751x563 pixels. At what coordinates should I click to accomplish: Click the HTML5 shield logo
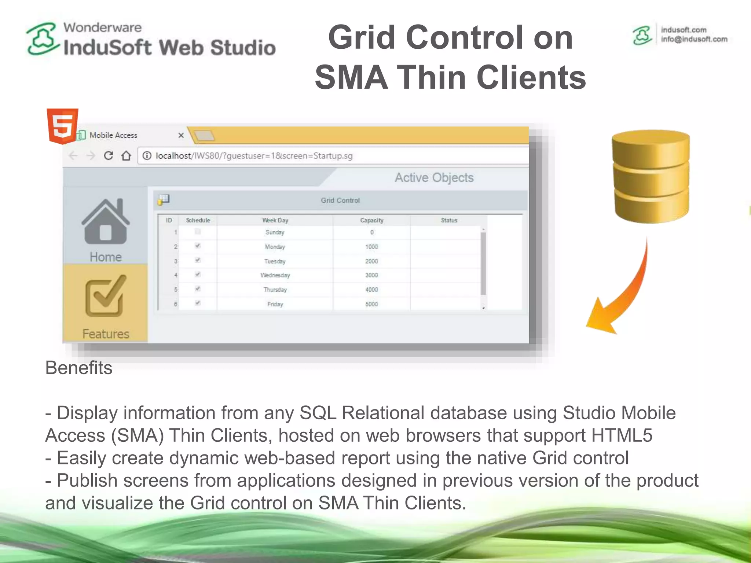(x=62, y=125)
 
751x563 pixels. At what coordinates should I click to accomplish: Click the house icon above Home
(x=106, y=222)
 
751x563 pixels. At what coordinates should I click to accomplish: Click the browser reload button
(x=108, y=156)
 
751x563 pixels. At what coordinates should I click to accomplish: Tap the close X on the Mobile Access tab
(x=181, y=135)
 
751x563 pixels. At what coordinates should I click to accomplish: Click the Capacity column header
(x=371, y=220)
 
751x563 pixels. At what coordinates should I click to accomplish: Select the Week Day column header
(x=275, y=220)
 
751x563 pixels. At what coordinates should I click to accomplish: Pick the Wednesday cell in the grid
(x=275, y=275)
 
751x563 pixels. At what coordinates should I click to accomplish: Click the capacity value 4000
(x=371, y=290)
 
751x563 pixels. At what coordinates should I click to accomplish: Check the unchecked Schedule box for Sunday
(x=198, y=231)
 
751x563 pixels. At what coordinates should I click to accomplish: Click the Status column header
(x=449, y=220)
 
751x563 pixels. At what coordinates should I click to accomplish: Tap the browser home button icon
(x=127, y=156)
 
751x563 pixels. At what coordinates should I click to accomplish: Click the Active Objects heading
(x=434, y=178)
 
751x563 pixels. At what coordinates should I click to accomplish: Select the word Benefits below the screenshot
(x=78, y=368)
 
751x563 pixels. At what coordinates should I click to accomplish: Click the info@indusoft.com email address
(x=694, y=39)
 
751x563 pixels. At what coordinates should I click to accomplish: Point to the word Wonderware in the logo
(x=102, y=27)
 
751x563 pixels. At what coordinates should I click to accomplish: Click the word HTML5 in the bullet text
(x=622, y=435)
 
